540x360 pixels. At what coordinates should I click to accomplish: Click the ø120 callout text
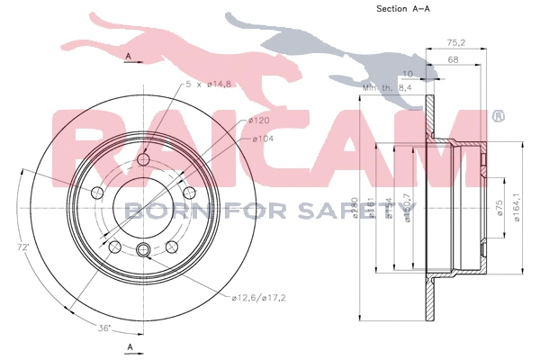pyautogui.click(x=259, y=120)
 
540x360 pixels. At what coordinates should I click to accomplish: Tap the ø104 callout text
pyautogui.click(x=263, y=138)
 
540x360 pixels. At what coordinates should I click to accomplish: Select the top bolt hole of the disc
pyautogui.click(x=144, y=160)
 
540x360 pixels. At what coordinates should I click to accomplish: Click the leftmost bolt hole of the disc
pyautogui.click(x=98, y=193)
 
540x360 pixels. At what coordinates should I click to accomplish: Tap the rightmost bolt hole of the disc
pyautogui.click(x=189, y=193)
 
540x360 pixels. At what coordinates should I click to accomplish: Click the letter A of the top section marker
pyautogui.click(x=130, y=57)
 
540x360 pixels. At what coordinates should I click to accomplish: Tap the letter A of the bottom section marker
pyautogui.click(x=130, y=346)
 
